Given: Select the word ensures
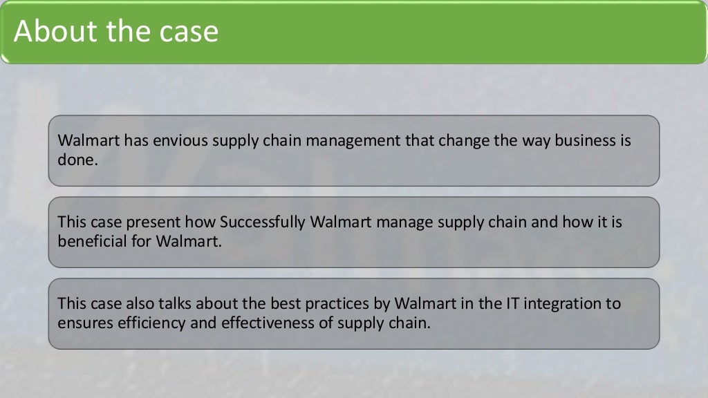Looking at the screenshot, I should coord(83,322).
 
